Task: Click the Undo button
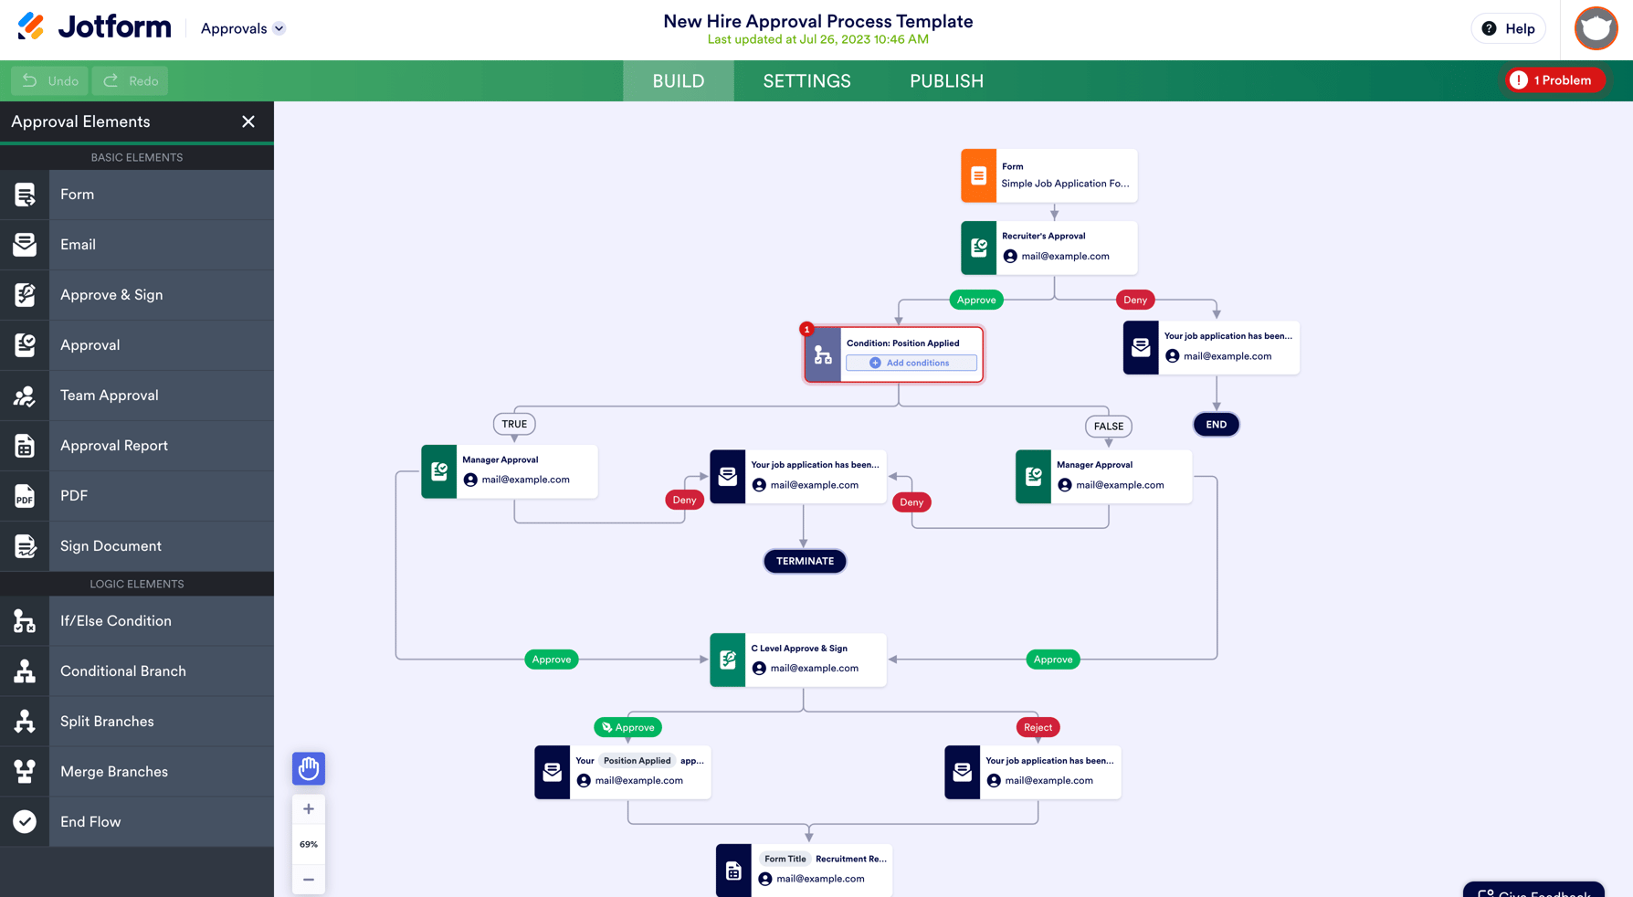(x=50, y=80)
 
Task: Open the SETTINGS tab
(x=806, y=81)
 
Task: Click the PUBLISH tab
(x=946, y=81)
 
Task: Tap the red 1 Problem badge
(x=1554, y=80)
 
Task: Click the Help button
(x=1508, y=28)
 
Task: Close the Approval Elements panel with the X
(x=248, y=121)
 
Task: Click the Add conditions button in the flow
(x=911, y=363)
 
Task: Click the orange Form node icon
(x=978, y=175)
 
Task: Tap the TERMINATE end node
(x=805, y=561)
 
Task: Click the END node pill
(x=1216, y=425)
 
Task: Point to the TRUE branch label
(x=514, y=424)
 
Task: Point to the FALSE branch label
(x=1108, y=427)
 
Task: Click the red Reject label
(x=1038, y=727)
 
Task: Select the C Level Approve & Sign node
(x=798, y=659)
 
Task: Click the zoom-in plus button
(x=309, y=809)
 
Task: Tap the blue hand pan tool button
(x=309, y=768)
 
